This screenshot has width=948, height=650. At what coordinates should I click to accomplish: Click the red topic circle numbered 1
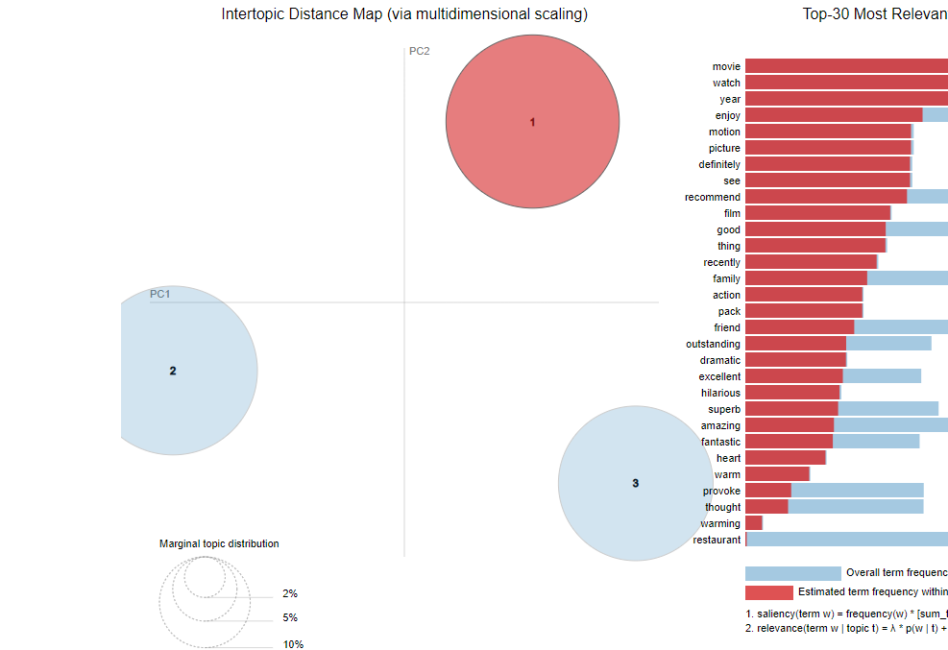pos(532,122)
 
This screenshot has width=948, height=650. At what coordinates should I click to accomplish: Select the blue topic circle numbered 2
pos(174,371)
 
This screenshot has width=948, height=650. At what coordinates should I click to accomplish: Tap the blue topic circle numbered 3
pos(635,483)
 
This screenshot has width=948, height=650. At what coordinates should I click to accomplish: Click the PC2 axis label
pos(420,51)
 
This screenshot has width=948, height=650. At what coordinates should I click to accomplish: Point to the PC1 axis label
pos(159,294)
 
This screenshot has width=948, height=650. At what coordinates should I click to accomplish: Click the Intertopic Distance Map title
pos(404,14)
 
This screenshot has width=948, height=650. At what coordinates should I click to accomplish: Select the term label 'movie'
pos(726,66)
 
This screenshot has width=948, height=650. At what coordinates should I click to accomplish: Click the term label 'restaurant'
pos(717,540)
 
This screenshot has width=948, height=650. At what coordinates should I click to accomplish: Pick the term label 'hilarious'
pos(720,393)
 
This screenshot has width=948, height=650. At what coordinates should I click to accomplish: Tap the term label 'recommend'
pos(713,197)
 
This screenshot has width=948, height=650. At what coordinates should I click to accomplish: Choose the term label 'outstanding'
pos(713,344)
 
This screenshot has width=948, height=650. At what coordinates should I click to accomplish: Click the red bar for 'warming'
pos(754,523)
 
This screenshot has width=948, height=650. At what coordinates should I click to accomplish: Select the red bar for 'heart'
pos(786,458)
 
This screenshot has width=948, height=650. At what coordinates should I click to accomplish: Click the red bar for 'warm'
pos(777,474)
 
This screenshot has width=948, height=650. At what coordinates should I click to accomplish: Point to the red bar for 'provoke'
pos(768,491)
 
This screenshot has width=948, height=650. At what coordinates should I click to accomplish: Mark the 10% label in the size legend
pos(293,644)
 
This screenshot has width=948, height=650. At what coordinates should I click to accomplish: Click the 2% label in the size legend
pos(290,593)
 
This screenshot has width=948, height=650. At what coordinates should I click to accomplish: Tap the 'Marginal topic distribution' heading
pos(219,543)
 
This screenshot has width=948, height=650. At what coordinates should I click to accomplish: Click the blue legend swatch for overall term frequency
pos(792,573)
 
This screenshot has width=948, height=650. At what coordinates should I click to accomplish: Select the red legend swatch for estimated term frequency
pos(768,592)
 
